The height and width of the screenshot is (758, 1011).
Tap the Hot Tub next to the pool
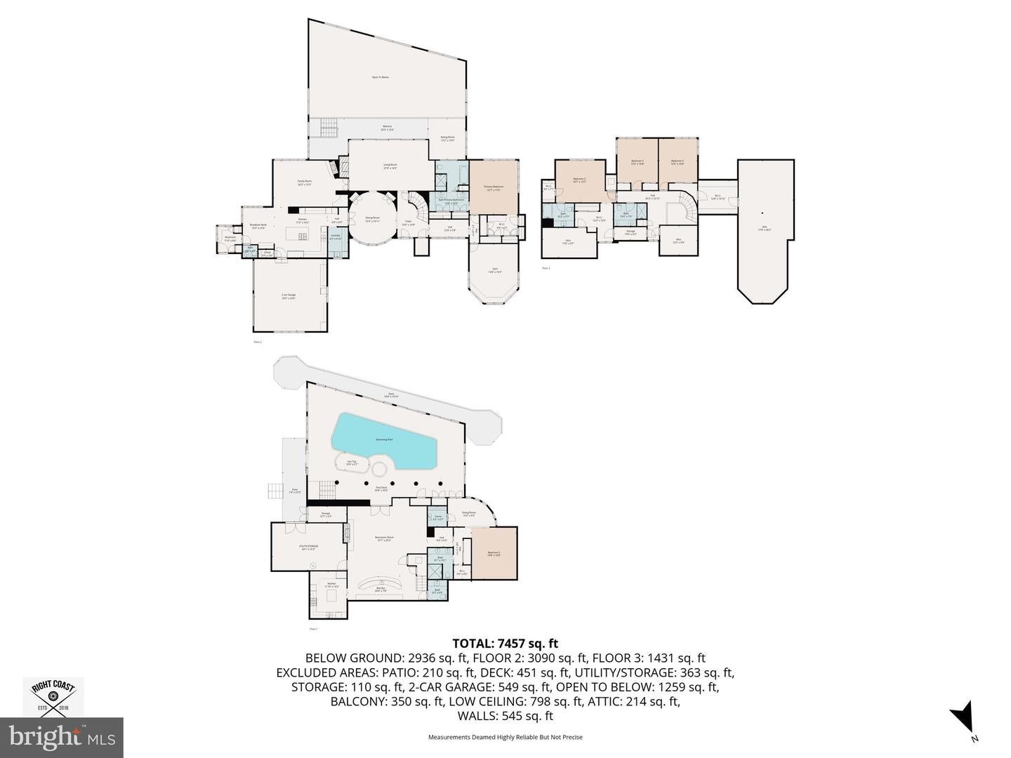click(x=352, y=463)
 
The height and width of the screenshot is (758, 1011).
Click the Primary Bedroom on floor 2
click(x=494, y=187)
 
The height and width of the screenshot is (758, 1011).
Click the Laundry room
click(x=335, y=237)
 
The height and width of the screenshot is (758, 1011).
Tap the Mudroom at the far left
click(x=230, y=237)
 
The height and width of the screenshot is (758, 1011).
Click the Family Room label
click(x=304, y=183)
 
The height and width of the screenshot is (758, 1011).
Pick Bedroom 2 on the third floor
click(x=579, y=180)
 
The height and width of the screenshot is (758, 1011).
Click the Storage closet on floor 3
click(x=630, y=232)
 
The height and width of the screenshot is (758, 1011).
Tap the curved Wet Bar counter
click(x=381, y=586)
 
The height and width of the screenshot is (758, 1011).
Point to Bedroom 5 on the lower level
click(x=494, y=554)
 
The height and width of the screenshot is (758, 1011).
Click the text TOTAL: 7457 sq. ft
click(x=505, y=643)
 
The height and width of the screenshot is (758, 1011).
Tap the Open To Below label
click(x=380, y=77)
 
